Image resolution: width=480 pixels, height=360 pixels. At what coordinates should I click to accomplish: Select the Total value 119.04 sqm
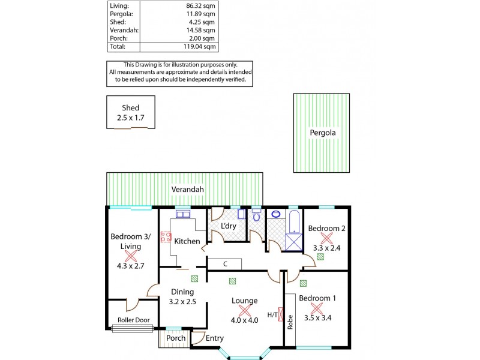[x=200, y=46]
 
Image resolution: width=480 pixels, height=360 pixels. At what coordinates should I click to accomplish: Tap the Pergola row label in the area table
[x=118, y=13]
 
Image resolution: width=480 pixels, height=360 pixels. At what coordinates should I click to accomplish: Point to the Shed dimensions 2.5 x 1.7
[x=131, y=118]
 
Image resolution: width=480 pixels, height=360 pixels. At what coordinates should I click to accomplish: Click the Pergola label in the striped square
[x=322, y=132]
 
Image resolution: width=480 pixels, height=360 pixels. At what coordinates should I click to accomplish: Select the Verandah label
[x=188, y=190]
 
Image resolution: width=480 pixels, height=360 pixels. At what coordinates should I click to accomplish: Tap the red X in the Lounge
[x=244, y=310]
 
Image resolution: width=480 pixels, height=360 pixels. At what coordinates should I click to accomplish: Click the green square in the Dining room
[x=194, y=279]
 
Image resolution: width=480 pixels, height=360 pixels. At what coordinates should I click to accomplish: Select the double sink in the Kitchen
[x=183, y=214]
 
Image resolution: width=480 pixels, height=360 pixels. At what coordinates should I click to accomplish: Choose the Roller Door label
[x=133, y=320]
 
